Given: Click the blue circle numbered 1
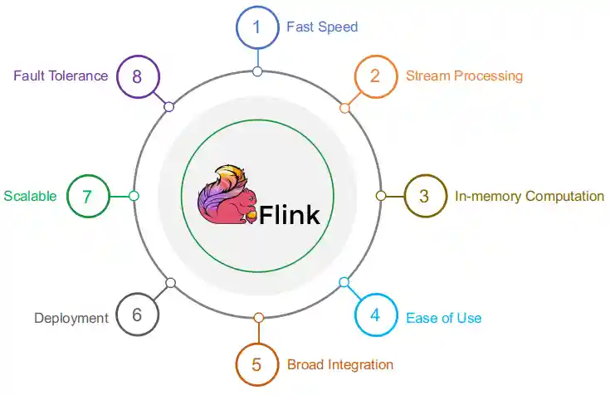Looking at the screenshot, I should click(257, 27).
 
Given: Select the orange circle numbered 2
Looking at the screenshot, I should click(375, 76).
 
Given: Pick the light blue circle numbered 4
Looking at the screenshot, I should click(375, 316).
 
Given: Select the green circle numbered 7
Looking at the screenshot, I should click(87, 197).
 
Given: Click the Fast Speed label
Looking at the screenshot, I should click(322, 27).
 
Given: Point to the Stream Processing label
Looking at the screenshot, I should click(464, 76).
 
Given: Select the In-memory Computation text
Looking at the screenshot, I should click(529, 197).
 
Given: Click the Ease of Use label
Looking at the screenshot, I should click(443, 318).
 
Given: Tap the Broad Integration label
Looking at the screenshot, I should click(340, 365).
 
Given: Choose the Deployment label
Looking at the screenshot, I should click(71, 318).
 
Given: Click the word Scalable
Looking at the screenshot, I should click(30, 197).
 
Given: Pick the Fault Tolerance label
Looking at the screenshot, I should click(61, 76).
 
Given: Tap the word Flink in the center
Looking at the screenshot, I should click(290, 216).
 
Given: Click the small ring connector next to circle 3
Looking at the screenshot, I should click(381, 196).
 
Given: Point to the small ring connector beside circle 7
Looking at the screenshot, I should click(134, 196).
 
